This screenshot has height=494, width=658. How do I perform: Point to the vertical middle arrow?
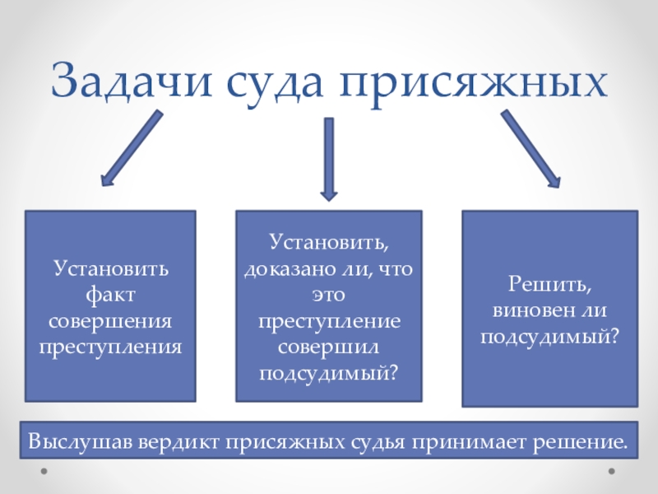[x=328, y=158]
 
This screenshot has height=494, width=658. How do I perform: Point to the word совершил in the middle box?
[x=328, y=347]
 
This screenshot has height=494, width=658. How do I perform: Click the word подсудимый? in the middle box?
[x=328, y=373]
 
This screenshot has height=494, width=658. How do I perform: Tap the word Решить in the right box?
[x=549, y=285]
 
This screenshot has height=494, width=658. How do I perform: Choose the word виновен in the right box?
[x=531, y=312]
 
